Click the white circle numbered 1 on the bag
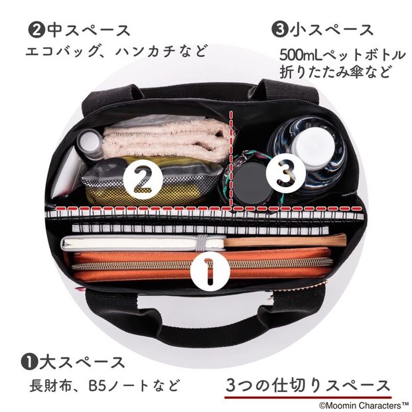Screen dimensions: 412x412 pos(210,272)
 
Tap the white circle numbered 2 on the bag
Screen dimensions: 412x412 pos(143,179)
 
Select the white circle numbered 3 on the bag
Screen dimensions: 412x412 pos(286,173)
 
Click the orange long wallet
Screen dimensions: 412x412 pos(202,265)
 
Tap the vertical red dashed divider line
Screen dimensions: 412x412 pos(232,159)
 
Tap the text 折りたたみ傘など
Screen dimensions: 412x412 pos(335,72)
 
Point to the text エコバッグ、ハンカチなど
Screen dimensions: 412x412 pos(116,51)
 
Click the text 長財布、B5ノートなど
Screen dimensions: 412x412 pos(105,385)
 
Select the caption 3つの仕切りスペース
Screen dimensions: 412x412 pos(308,385)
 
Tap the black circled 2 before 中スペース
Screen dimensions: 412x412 pos(36,31)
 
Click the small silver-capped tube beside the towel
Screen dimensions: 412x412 pos(90,143)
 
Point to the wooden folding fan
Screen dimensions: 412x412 pos(285,240)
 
